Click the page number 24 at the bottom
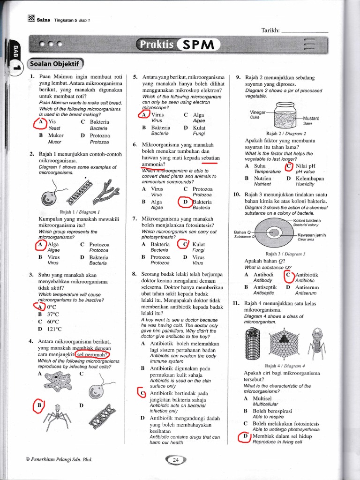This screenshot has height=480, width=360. [176, 460]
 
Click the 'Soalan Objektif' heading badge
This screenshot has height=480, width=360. [56, 63]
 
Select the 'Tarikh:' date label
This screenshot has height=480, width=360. [270, 30]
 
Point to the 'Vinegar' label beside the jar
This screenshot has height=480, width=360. [258, 112]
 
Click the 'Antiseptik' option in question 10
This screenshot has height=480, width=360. [265, 287]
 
